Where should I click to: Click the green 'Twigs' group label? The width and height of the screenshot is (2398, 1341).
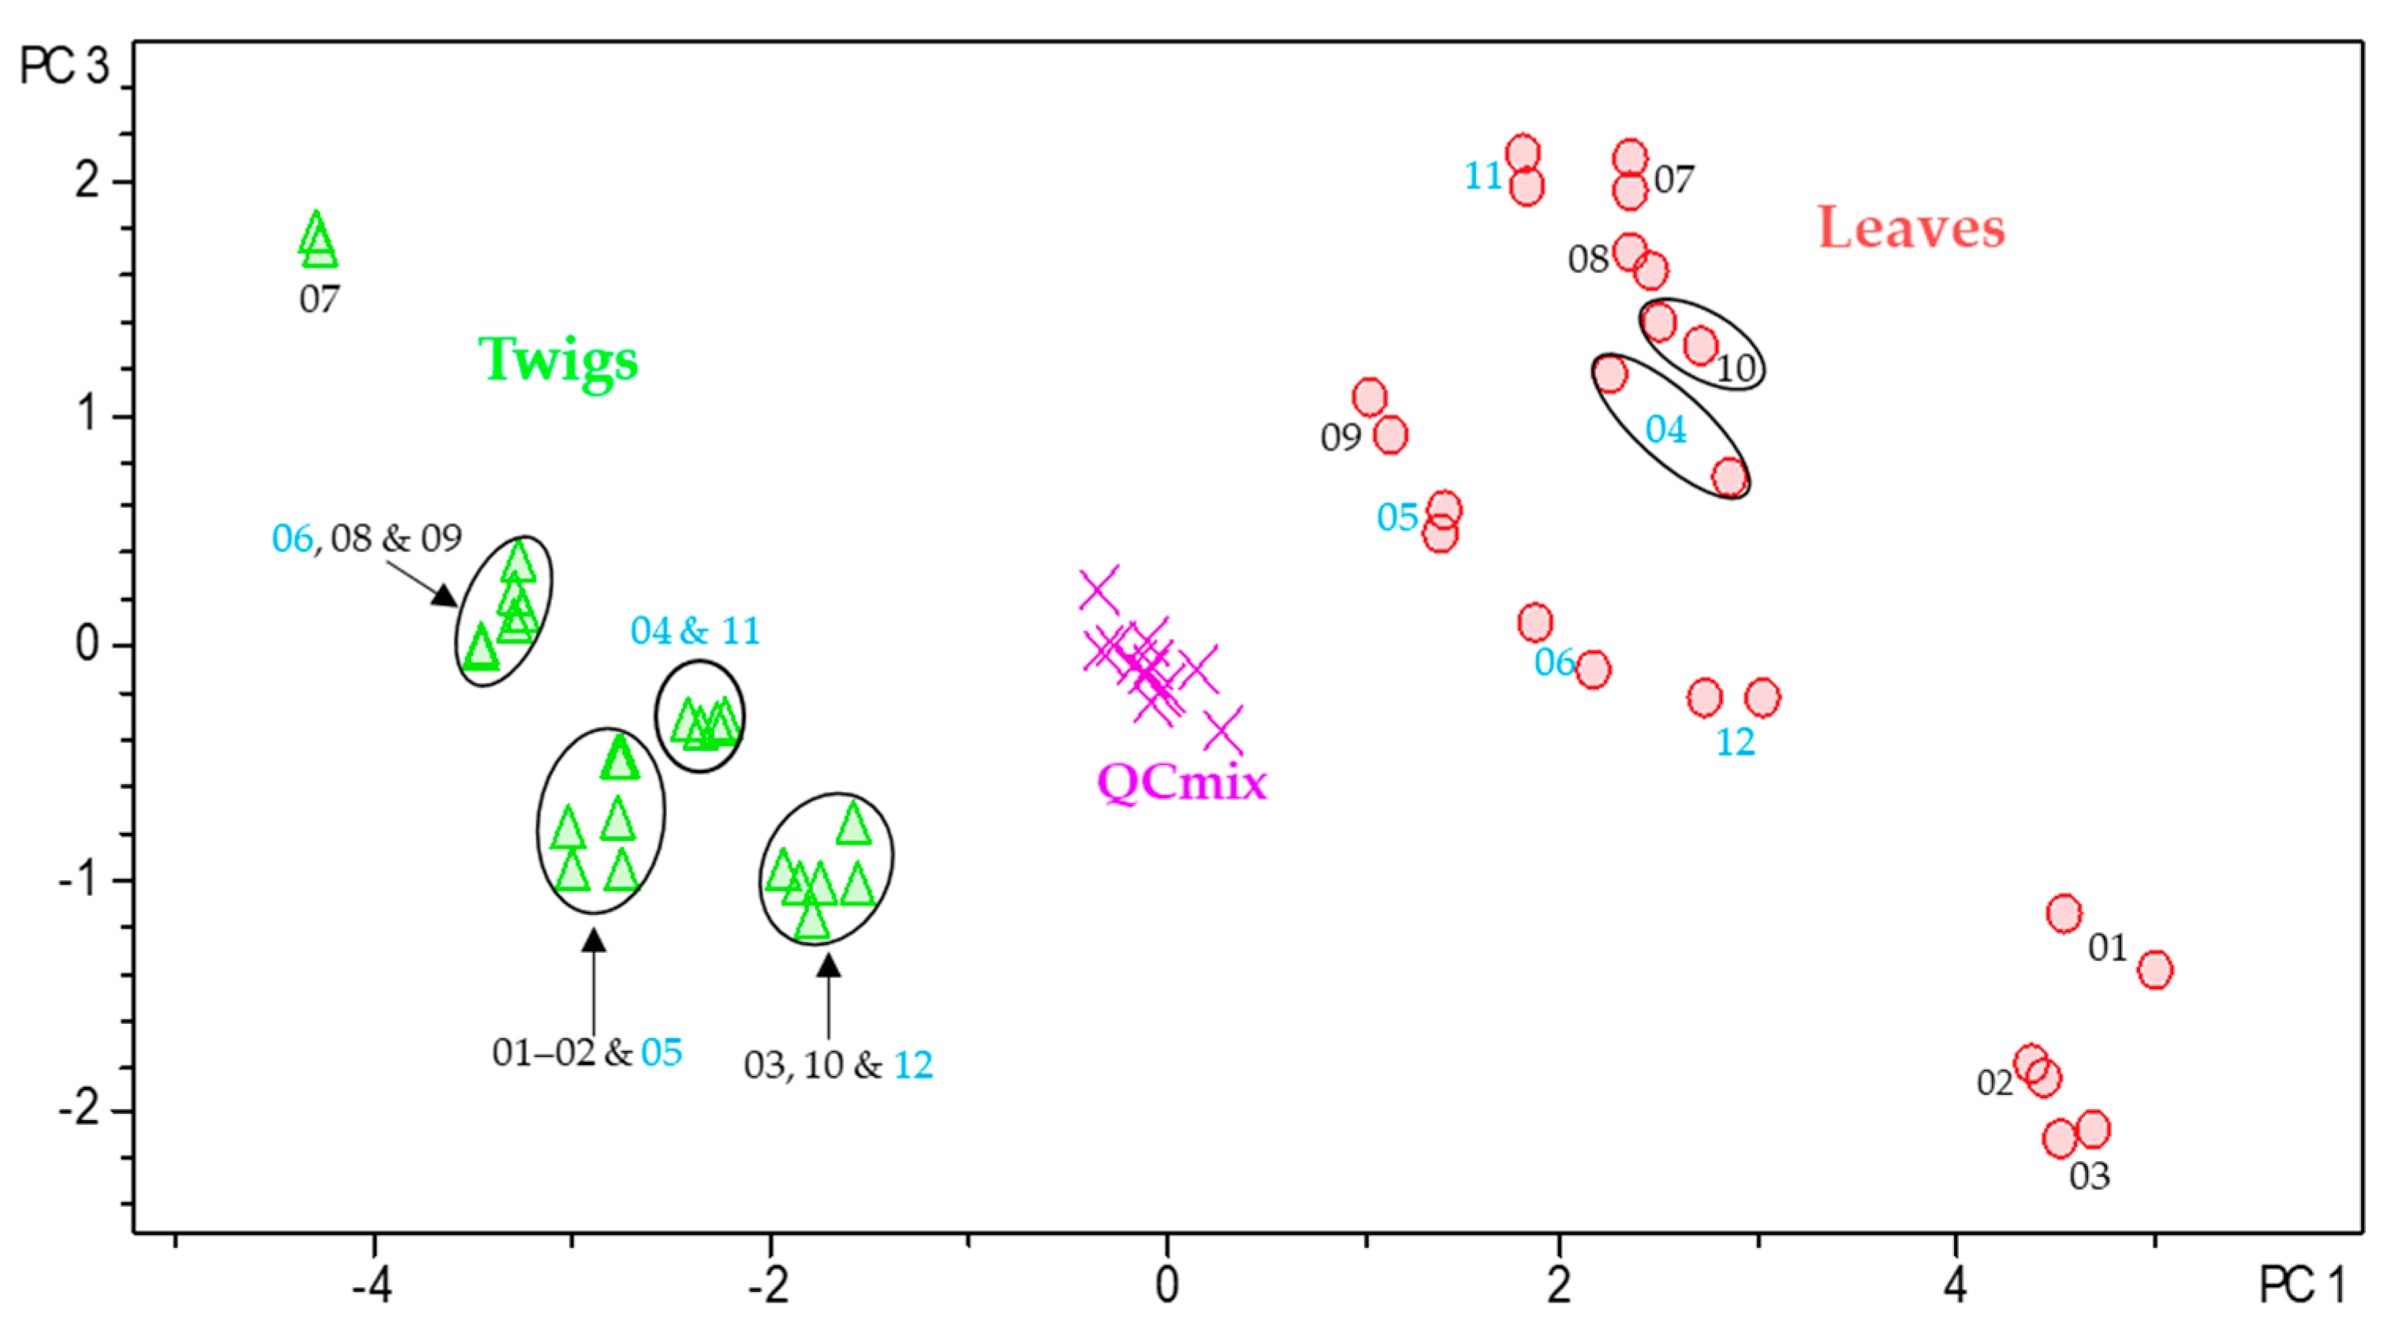pos(558,360)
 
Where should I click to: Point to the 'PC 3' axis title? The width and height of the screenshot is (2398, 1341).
pos(63,66)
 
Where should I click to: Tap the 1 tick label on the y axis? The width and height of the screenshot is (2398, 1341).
pos(88,413)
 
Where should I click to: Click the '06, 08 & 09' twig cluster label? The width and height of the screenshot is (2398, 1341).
pos(366,538)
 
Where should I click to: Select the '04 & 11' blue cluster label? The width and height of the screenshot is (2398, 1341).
pos(695,631)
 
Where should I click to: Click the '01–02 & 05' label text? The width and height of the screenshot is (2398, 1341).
pos(587,1053)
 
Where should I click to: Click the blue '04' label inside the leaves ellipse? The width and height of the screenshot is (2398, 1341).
pos(1665,430)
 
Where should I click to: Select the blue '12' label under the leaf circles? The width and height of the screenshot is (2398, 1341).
pos(1734,742)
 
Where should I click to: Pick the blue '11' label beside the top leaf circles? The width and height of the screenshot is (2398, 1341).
pos(1483,176)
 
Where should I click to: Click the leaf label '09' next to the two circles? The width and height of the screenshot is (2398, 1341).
pos(1341,438)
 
